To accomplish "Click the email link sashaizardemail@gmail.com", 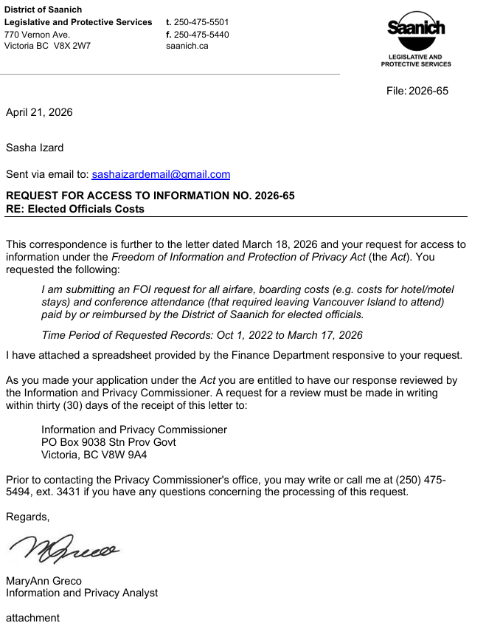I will [x=161, y=175].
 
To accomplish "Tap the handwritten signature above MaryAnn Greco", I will [x=64, y=548].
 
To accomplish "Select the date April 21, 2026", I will [x=39, y=113].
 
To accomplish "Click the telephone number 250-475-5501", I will [x=201, y=23].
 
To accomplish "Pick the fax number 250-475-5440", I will [x=201, y=35].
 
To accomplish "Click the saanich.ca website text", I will [x=187, y=46].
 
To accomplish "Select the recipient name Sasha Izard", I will [x=35, y=148].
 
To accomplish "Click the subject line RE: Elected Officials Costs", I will [x=75, y=209].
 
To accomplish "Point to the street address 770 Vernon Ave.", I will [x=37, y=35].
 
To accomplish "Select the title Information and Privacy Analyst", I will [x=82, y=593].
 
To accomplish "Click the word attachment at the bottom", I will [x=32, y=618].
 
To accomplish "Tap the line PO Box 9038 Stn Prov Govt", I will [x=108, y=442].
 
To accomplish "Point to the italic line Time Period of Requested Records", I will [x=202, y=335].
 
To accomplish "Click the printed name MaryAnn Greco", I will [x=44, y=581].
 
